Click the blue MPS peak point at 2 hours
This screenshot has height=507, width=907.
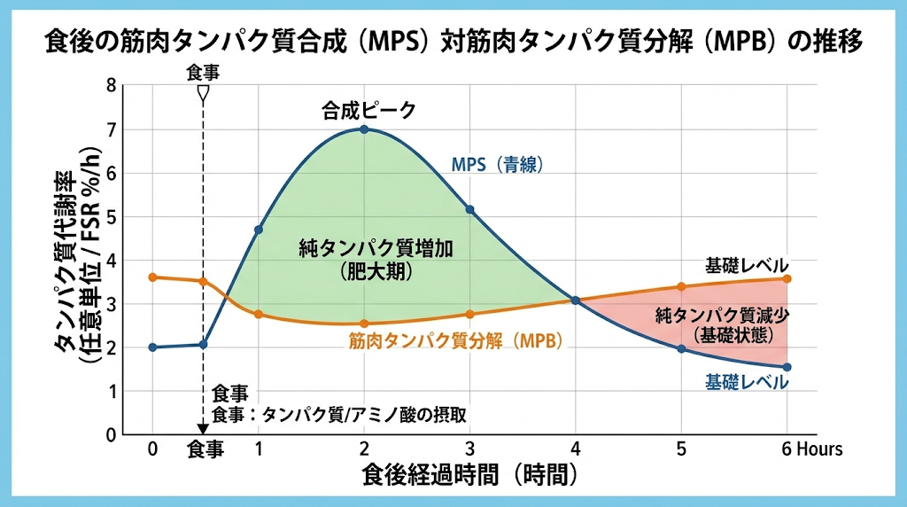pyautogui.click(x=364, y=129)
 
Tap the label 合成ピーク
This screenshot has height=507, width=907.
pyautogui.click(x=368, y=111)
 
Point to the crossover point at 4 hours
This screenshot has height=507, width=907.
pyautogui.click(x=575, y=300)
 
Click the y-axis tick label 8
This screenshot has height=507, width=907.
pyautogui.click(x=111, y=86)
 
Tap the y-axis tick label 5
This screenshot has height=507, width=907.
pyautogui.click(x=111, y=217)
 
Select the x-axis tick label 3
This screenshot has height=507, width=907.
pyautogui.click(x=469, y=449)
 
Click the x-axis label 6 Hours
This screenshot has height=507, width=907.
pyautogui.click(x=811, y=449)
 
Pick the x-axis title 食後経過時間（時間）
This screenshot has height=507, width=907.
pyautogui.click(x=470, y=475)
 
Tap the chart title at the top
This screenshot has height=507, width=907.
pyautogui.click(x=453, y=42)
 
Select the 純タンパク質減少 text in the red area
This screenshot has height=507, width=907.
pyautogui.click(x=722, y=315)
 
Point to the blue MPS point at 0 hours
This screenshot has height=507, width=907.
pyautogui.click(x=152, y=347)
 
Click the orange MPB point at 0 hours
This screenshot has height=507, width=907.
pyautogui.click(x=152, y=277)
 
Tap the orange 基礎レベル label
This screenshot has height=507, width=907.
pyautogui.click(x=746, y=266)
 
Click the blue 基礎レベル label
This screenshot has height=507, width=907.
pyautogui.click(x=746, y=382)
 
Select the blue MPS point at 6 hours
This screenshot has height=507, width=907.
pyautogui.click(x=787, y=367)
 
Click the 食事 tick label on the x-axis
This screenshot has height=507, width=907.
pyautogui.click(x=205, y=449)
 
